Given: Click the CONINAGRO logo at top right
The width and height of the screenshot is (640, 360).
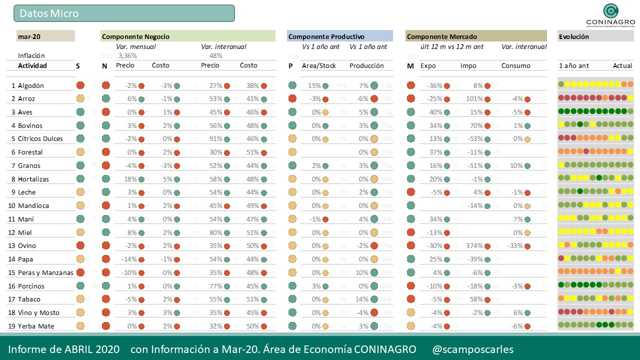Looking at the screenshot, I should coord(610,14).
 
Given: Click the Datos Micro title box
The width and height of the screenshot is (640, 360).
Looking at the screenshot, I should coord(124,13).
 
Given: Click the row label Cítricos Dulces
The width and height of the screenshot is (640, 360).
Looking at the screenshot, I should coord(40,139).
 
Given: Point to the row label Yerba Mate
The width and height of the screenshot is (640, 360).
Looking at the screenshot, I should coord(36,326).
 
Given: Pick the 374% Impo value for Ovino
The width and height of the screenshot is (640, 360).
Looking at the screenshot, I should coord(474,245).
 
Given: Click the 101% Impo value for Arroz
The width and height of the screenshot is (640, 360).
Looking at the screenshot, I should coord(474,99).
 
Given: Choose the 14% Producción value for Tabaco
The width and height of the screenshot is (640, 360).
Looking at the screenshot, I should coord(361,299).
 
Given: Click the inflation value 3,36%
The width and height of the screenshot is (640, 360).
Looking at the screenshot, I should coord(127,56).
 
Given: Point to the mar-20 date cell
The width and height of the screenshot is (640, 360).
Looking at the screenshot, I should coord(29,36).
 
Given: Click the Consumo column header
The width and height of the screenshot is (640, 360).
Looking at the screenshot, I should coord(516,65).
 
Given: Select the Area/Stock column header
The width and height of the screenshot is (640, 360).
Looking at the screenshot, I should coord(319,65).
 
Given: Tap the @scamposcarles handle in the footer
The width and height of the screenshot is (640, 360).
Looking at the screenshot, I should coord(472,349).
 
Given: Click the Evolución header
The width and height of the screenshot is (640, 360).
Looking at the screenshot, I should coord(574,36).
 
